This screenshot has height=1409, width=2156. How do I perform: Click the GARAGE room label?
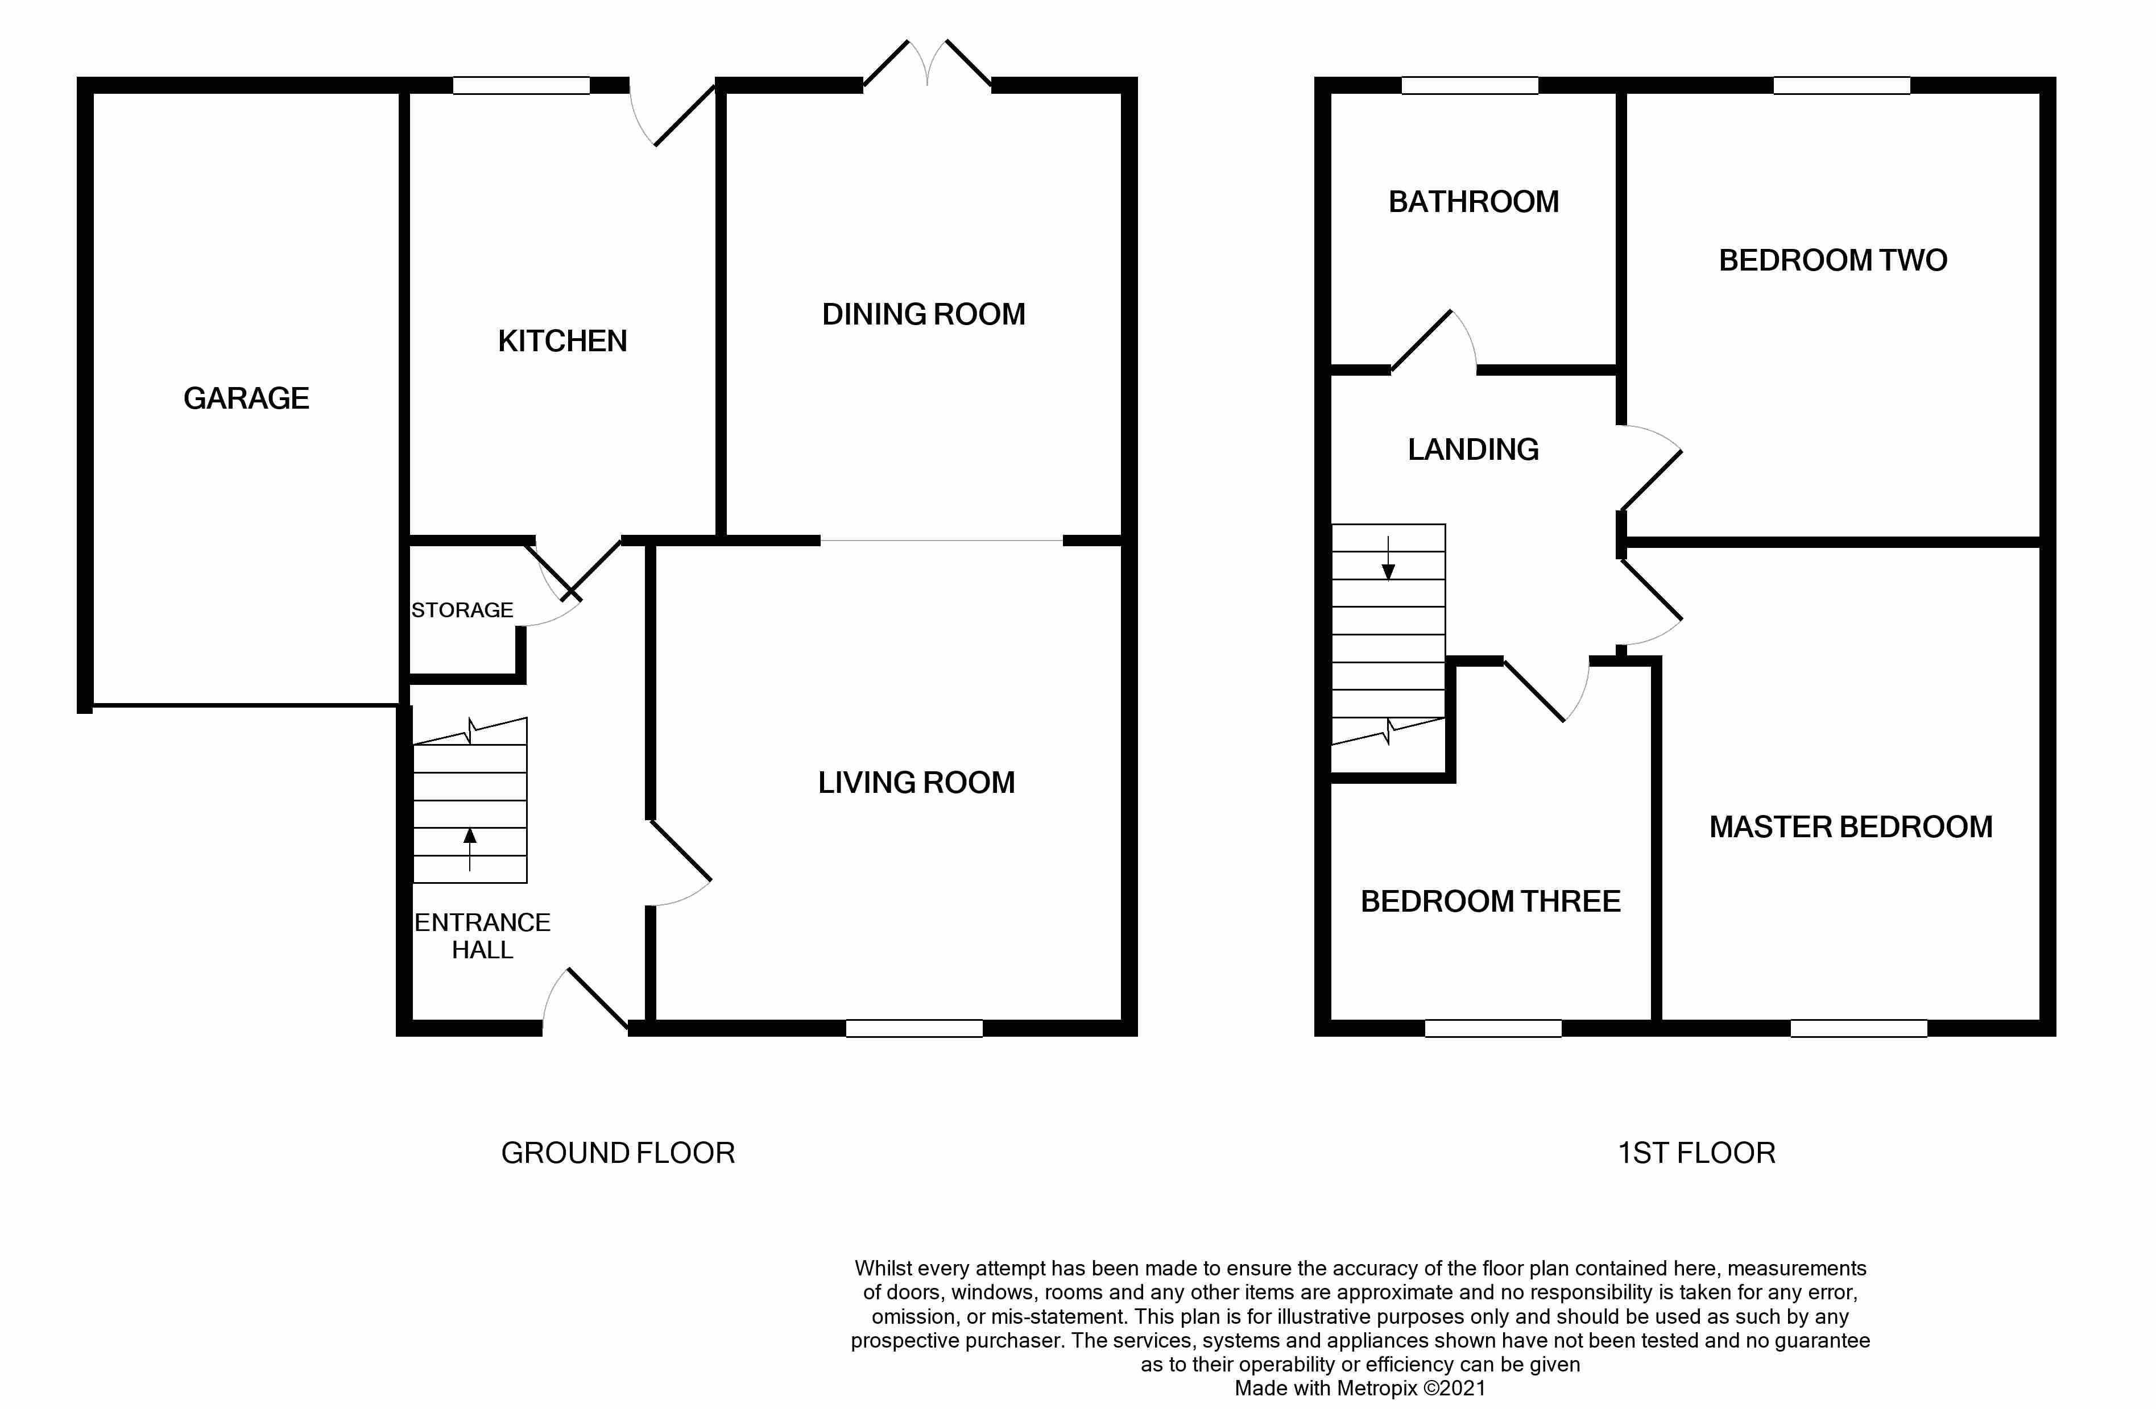[x=246, y=398]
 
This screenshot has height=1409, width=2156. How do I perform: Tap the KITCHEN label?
[x=562, y=342]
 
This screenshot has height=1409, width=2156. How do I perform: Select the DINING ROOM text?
[x=923, y=314]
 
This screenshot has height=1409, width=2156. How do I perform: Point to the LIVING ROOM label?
[x=916, y=783]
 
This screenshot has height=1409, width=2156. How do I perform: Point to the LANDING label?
[x=1473, y=449]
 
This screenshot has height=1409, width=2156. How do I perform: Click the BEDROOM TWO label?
[x=1832, y=261]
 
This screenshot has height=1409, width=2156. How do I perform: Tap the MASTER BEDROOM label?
[x=1850, y=827]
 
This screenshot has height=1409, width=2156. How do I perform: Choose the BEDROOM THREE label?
[x=1490, y=901]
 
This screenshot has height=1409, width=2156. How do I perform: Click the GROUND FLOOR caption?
[x=618, y=1153]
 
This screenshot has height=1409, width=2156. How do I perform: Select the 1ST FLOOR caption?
[x=1696, y=1153]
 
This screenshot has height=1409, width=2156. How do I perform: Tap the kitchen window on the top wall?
[x=521, y=86]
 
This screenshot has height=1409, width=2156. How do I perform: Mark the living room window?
[x=914, y=1028]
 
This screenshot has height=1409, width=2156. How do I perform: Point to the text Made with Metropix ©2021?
[x=1360, y=1388]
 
